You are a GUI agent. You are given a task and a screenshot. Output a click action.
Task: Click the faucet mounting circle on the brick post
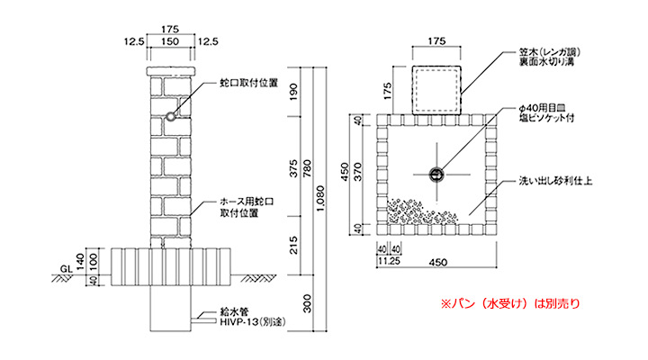coord(171,117)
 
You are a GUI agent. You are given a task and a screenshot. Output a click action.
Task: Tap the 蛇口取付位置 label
coord(248,83)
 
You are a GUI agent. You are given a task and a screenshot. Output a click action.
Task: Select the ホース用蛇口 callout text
coord(247,202)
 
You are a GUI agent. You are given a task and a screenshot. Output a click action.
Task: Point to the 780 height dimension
coord(307,168)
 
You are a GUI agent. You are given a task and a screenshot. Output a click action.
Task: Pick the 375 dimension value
coord(293,168)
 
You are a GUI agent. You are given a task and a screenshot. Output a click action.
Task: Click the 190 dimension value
coord(293,93)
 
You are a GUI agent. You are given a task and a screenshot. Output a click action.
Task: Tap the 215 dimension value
coord(293,245)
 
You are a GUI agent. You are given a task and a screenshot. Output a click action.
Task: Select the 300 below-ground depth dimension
coord(307,304)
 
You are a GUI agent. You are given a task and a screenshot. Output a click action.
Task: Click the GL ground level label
coord(66,269)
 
